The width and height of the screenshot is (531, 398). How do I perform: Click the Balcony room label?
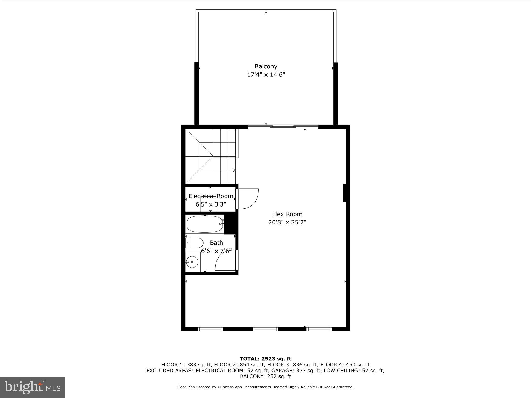click(266, 66)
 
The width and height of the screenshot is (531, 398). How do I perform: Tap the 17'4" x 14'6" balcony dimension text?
click(266, 75)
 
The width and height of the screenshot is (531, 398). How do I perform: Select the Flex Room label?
click(287, 214)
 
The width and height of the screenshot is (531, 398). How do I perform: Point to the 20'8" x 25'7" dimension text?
click(287, 222)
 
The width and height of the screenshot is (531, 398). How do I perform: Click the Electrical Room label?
click(211, 196)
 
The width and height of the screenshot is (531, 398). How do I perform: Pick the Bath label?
click(216, 243)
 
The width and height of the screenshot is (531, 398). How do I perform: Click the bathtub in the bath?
click(205, 224)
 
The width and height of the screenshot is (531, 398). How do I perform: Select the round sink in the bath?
click(192, 262)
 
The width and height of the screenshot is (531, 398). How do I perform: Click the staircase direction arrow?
click(234, 170)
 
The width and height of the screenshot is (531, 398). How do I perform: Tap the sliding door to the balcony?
click(283, 127)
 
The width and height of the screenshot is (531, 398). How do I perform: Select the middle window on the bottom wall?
click(265, 329)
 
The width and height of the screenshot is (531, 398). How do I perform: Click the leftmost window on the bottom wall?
click(210, 329)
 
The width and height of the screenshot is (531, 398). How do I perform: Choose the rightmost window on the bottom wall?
click(319, 329)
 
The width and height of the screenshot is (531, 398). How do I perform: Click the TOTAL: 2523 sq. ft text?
click(265, 359)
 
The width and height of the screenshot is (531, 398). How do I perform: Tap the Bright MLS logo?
click(32, 387)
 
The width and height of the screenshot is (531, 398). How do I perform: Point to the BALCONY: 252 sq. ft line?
click(265, 376)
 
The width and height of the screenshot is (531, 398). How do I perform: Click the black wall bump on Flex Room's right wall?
click(345, 193)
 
